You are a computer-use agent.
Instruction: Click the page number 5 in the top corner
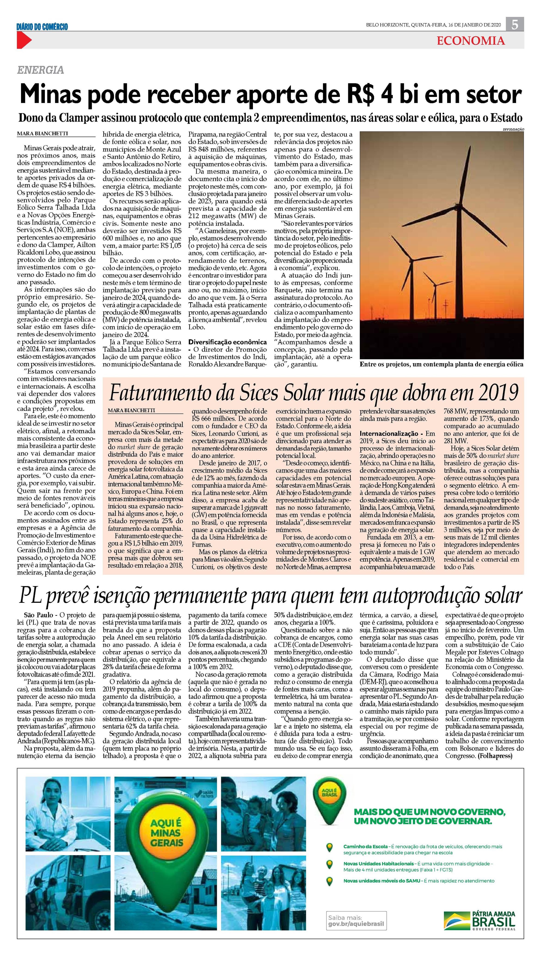click(515, 25)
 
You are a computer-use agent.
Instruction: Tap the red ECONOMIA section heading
click(471, 41)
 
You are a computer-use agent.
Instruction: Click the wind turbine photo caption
click(441, 365)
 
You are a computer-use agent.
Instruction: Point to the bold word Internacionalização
click(386, 434)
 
